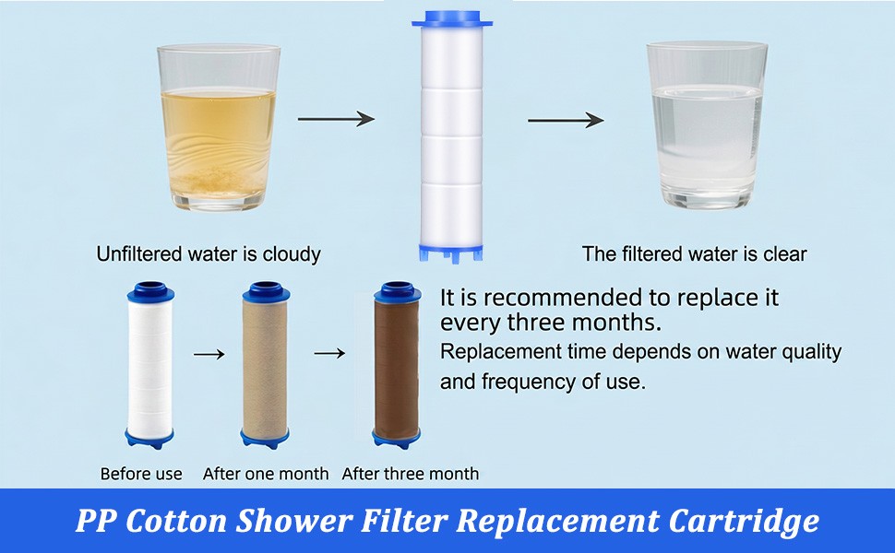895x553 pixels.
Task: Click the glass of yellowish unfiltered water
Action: point(219,127)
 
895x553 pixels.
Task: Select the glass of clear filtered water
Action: point(707,124)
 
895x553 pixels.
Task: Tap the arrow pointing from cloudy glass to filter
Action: point(336,119)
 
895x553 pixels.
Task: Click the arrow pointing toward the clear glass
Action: point(566,121)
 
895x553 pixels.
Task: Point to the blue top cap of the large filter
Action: point(452,23)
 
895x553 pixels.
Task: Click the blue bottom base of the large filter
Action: point(451,253)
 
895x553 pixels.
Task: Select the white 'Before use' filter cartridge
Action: point(150,365)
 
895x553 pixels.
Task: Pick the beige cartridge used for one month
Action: point(265,365)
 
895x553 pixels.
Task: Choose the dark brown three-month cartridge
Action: point(397,365)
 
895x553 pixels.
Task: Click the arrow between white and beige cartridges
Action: point(209,355)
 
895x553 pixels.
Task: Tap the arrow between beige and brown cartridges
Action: point(329,354)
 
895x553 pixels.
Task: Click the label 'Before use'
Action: point(141,474)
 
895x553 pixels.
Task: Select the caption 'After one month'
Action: point(266,474)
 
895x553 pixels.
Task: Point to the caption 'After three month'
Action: point(411,474)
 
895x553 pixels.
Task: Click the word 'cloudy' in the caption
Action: point(292,254)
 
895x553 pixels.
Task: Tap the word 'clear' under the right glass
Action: point(785,254)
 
